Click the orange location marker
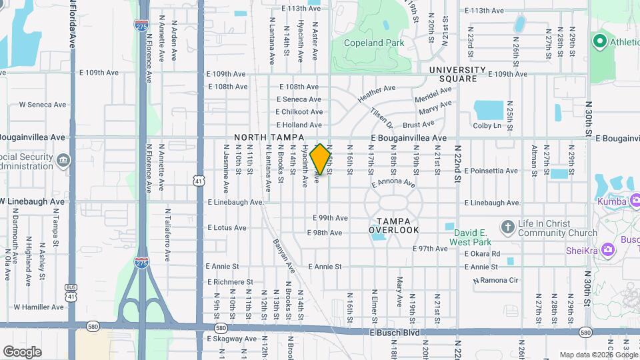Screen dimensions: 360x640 (321, 159)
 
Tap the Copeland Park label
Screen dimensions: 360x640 (374, 43)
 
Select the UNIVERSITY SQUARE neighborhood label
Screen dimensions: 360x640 (457, 74)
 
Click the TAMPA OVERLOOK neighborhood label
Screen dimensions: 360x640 (394, 225)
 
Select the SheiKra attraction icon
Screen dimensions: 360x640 (607, 249)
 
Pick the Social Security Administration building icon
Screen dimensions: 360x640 (63, 160)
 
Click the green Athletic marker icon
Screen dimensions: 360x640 (599, 42)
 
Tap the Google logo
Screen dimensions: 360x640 (22, 352)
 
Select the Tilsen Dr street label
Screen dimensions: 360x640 (383, 117)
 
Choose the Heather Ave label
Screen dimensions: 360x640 (377, 93)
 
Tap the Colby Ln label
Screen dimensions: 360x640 (487, 125)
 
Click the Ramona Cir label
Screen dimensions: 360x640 (499, 281)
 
